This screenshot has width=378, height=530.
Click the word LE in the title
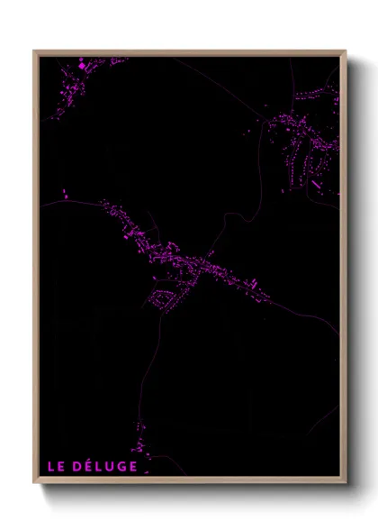tap(57, 466)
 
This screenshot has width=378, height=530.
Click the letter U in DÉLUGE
tap(111, 466)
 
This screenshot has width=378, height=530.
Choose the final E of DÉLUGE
tap(132, 466)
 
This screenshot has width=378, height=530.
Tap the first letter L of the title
tap(51, 466)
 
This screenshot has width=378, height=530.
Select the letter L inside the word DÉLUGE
tap(101, 466)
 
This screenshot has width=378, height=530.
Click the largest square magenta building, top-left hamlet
tap(84, 66)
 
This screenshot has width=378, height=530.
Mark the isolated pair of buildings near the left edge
tap(64, 192)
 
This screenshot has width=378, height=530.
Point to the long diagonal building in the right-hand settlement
tap(316, 185)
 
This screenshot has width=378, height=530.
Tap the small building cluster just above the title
tap(138, 446)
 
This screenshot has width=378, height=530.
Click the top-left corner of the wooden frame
tap(35, 51)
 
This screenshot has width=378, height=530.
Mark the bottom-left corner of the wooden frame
tap(35, 483)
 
